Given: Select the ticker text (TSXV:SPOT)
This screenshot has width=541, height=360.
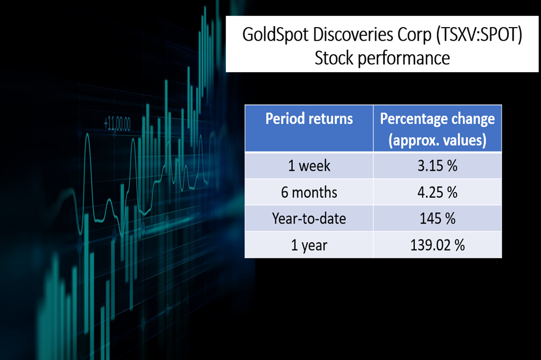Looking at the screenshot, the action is coord(479,35).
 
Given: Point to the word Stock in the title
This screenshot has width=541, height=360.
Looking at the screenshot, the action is coord(334,57).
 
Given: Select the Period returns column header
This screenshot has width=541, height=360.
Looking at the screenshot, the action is coord(309,118).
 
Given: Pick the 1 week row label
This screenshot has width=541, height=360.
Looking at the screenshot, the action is coord(309,166).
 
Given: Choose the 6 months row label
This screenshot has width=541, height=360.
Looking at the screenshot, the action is coord(309,192).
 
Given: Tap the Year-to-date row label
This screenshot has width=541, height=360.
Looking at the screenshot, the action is coord(309,219).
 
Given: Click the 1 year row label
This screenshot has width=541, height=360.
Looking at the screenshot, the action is coord(309,246).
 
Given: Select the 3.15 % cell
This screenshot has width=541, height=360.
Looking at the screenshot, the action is coord(437,166).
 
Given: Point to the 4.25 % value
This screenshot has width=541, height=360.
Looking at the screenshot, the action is coord(437,192).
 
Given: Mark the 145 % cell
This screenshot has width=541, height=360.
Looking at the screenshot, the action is coord(437,219).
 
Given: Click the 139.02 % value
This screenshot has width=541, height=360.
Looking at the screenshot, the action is coord(437,245).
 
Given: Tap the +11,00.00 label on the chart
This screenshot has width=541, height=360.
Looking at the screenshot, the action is coord(117,124).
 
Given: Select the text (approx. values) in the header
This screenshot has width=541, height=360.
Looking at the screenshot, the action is coord(437,140).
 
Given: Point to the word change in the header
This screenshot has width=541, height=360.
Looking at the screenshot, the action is coord(473,119).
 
